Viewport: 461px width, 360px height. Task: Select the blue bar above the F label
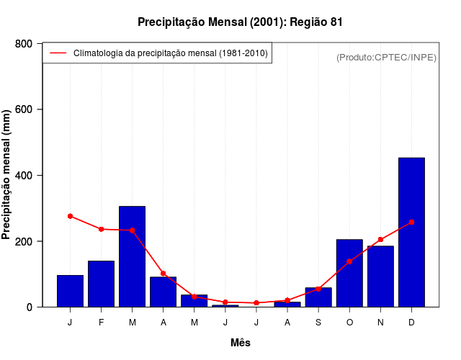[x=101, y=284]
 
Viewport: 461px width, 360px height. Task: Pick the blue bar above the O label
[x=349, y=273]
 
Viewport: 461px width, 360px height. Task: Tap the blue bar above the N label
[x=380, y=276]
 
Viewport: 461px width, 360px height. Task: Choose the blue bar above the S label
[x=318, y=297]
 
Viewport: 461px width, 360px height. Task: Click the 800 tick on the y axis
[x=23, y=44]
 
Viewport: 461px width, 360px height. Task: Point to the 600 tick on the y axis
[x=23, y=109]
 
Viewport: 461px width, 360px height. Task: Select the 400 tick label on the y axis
[x=23, y=176]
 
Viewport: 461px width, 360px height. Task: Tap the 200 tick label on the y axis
[x=23, y=241]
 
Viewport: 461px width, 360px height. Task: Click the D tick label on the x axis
[x=411, y=323]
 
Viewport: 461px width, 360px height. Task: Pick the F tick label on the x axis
[x=101, y=323]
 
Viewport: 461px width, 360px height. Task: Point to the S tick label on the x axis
[x=318, y=323]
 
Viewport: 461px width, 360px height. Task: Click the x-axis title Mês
[x=241, y=343]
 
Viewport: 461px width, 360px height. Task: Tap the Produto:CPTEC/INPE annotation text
[x=386, y=57]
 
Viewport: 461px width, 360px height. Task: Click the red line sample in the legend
[x=58, y=53]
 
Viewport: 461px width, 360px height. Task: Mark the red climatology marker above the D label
[x=411, y=222]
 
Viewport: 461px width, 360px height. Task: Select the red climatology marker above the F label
[x=101, y=229]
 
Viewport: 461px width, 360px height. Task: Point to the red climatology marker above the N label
[x=380, y=240]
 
